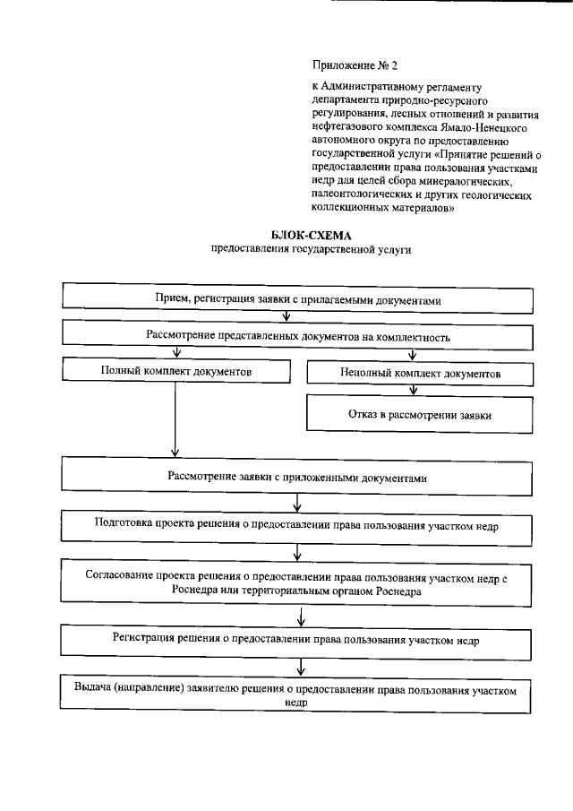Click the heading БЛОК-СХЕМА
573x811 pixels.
(311, 235)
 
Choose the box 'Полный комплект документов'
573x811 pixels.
(175, 370)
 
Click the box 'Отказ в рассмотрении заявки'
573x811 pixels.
(420, 415)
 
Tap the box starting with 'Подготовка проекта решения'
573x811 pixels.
(296, 525)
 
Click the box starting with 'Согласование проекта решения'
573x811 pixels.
(296, 584)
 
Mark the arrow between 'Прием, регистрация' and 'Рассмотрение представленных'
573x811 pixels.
(286, 317)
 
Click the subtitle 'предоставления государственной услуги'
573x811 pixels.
(311, 250)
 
